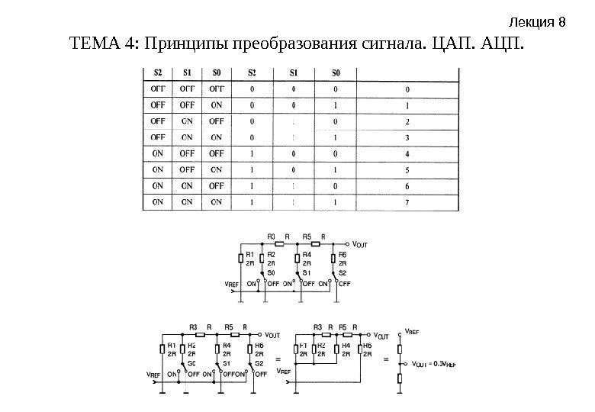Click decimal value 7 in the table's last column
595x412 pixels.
[407, 202]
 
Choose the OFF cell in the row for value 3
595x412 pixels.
[158, 137]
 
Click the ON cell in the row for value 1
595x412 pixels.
[216, 105]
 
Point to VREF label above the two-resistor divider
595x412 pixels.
[411, 333]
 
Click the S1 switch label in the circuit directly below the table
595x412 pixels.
[307, 272]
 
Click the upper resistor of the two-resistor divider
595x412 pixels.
[399, 350]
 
